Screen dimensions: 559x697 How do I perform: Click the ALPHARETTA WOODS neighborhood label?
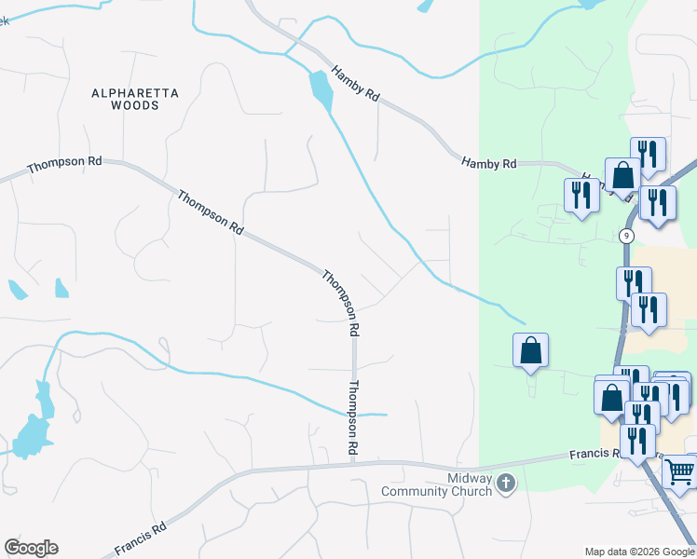pos(134,99)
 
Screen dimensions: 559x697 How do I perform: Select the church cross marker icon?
pos(506,484)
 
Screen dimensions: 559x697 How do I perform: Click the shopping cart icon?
pos(680,472)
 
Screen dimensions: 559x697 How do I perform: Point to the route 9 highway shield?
pos(627,237)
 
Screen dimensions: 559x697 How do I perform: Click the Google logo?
pos(31,548)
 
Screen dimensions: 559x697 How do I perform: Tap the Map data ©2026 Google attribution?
pos(638,551)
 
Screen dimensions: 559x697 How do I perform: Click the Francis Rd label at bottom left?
pos(141,539)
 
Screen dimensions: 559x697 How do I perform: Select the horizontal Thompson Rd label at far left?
pos(64,166)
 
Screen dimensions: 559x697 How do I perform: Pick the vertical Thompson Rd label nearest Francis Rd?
pos(354,416)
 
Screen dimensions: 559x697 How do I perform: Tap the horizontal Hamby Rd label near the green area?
pos(489,163)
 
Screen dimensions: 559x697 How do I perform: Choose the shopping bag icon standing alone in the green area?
pos(530,350)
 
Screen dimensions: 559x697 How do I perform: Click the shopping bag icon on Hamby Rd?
pos(622,173)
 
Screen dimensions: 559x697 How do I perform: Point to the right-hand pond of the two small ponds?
pos(61,288)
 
